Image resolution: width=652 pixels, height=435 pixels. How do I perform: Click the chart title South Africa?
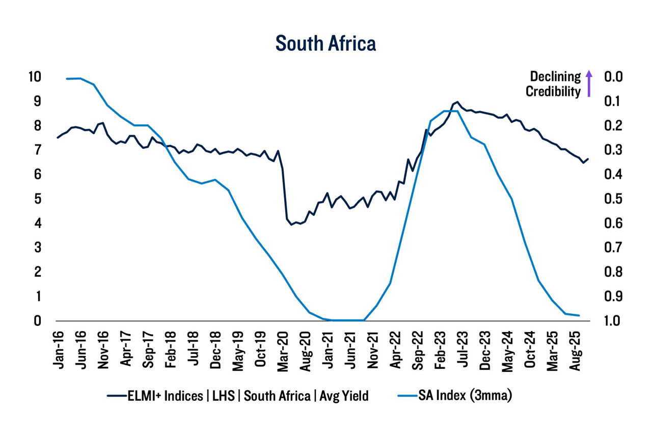point(325,43)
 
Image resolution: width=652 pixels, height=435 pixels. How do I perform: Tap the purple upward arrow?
point(589,84)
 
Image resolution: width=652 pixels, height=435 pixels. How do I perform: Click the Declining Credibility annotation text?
point(553,84)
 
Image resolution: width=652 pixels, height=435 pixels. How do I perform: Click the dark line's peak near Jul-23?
point(457,102)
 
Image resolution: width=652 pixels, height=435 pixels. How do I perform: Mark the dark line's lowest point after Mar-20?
point(291,224)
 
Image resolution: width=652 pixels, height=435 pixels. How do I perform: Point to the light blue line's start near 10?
point(67,78)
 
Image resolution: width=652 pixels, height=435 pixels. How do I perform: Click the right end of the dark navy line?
point(588,159)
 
